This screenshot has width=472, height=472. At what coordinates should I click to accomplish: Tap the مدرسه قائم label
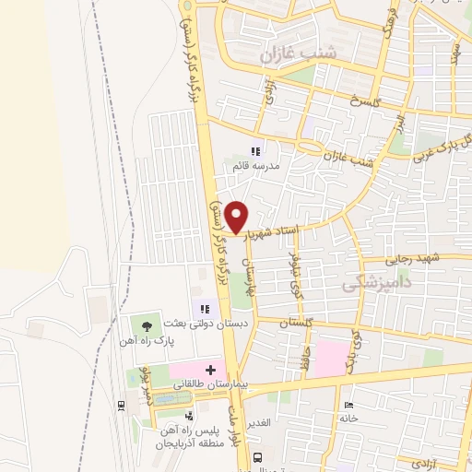255,167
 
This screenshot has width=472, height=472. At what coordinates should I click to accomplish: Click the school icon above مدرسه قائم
255,151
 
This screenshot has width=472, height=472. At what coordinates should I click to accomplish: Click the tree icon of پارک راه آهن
147,324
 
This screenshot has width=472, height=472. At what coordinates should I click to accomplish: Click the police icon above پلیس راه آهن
189,416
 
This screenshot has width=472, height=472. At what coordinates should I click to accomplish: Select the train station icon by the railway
122,404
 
